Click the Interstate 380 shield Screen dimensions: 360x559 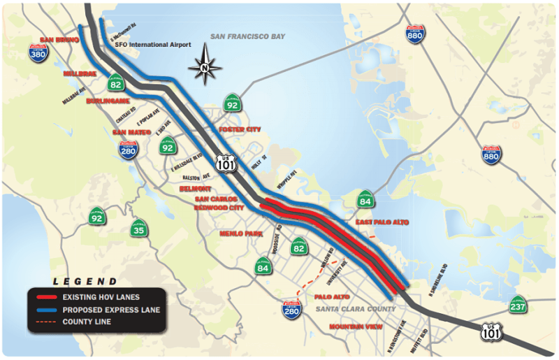click(x=39, y=52)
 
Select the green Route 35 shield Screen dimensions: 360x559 click(x=139, y=228)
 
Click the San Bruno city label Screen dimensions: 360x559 click(x=57, y=40)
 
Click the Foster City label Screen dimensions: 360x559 click(x=240, y=130)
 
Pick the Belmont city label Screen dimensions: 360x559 click(x=194, y=189)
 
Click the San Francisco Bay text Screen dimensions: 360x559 click(x=247, y=36)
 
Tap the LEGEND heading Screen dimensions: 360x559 click(x=90, y=282)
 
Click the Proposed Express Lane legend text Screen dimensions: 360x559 click(x=111, y=310)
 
